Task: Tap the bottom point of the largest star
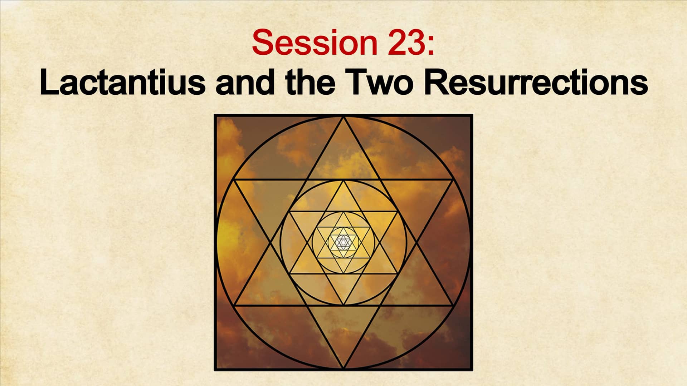343,368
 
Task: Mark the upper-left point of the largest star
234,180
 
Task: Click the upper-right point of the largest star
453,180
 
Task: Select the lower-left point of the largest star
234,306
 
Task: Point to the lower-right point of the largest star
453,306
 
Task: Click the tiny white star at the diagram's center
343,243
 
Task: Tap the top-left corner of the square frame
215,115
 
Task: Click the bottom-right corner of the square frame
472,370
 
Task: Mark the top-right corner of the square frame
472,115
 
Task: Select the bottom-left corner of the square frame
215,370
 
